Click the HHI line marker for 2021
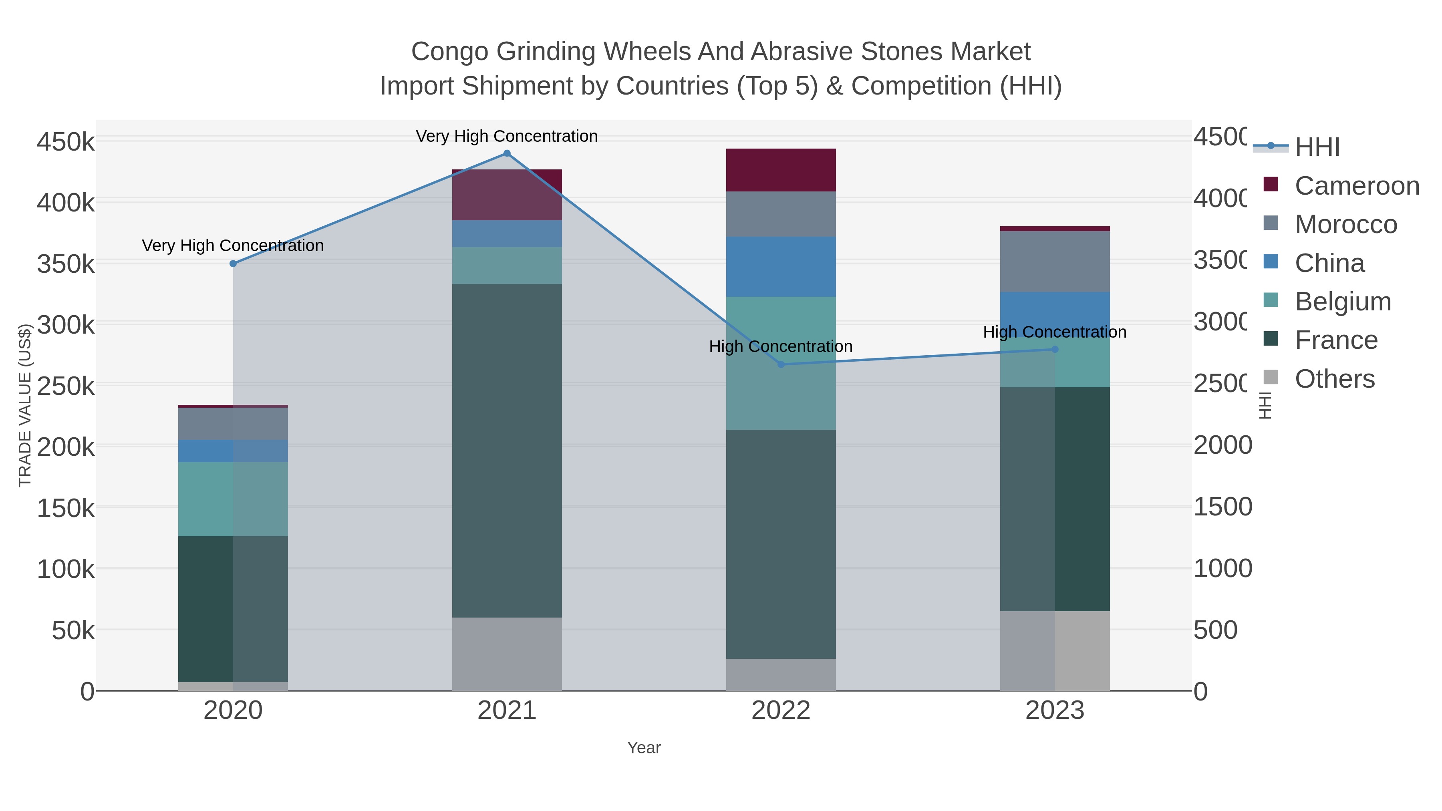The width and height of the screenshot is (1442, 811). click(x=507, y=153)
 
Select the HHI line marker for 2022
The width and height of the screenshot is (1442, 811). click(x=781, y=364)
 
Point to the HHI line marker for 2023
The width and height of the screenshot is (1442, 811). click(x=1055, y=349)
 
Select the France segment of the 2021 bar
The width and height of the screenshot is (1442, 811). click(x=507, y=451)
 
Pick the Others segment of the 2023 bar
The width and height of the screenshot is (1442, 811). click(x=1055, y=650)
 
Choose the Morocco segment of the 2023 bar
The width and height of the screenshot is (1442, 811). click(x=1055, y=262)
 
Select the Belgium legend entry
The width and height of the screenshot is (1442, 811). click(x=1342, y=302)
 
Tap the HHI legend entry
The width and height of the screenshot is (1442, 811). click(x=1317, y=147)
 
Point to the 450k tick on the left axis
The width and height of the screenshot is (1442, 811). click(x=66, y=142)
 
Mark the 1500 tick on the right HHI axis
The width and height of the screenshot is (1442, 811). click(x=1222, y=507)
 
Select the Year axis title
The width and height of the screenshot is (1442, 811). click(x=644, y=748)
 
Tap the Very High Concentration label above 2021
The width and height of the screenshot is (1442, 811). click(x=507, y=136)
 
